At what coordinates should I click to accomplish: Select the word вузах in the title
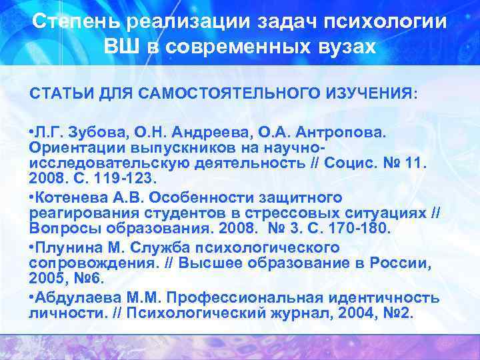point(344,47)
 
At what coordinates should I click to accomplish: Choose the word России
point(401,263)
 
